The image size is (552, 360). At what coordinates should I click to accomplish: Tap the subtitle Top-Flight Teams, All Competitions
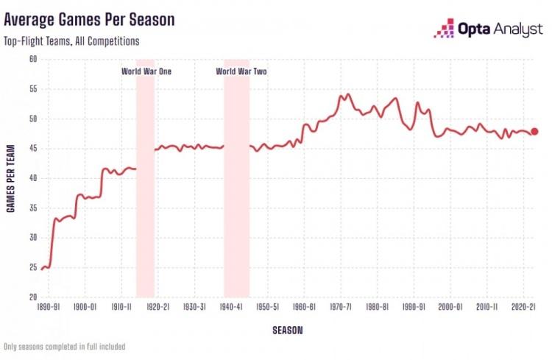click(71, 41)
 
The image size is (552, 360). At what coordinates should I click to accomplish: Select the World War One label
click(146, 71)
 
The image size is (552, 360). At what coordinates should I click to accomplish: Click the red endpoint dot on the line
click(534, 131)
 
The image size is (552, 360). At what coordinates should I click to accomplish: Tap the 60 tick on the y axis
click(33, 59)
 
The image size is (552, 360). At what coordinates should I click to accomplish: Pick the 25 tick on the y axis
click(33, 268)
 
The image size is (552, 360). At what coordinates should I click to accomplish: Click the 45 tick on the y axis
click(33, 149)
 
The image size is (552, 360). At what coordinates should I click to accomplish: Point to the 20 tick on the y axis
click(33, 297)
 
